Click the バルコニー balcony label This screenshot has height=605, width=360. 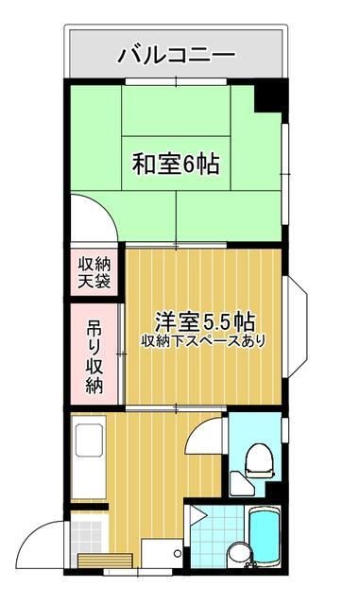(177, 55)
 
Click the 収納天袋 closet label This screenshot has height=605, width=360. (94, 272)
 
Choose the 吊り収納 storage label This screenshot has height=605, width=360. (94, 357)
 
